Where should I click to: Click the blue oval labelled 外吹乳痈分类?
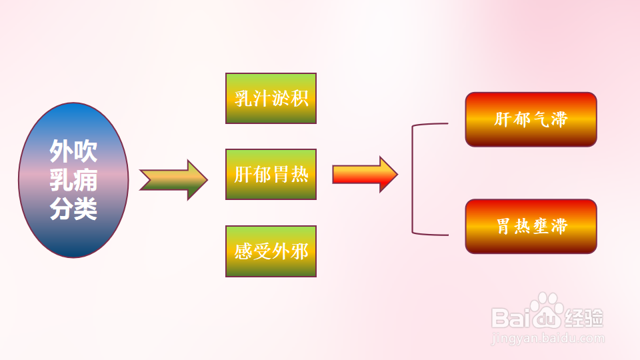coord(73,180)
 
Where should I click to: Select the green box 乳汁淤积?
coord(271,99)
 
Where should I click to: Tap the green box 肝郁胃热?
coord(271,174)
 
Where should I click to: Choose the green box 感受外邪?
coord(271,251)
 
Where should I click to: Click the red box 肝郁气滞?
coord(531,119)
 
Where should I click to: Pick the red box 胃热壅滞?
coord(531,226)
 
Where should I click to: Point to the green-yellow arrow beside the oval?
coord(173,180)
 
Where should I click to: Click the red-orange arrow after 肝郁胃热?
coord(365,174)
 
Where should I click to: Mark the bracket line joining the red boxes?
coord(412,179)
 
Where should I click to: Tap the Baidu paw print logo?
coord(547,310)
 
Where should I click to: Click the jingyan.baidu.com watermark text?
coord(548,339)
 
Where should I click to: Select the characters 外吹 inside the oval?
coord(73,151)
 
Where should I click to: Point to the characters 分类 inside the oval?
coord(73,208)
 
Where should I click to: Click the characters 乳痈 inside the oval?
coord(73,179)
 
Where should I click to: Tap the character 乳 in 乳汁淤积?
coord(243,99)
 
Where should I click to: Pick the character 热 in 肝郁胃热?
coord(299,174)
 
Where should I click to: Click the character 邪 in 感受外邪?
coord(299,251)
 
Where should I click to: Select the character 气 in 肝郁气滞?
coord(541,119)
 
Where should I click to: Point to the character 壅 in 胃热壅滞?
coord(541,226)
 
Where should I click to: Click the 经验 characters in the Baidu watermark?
coord(585,318)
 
